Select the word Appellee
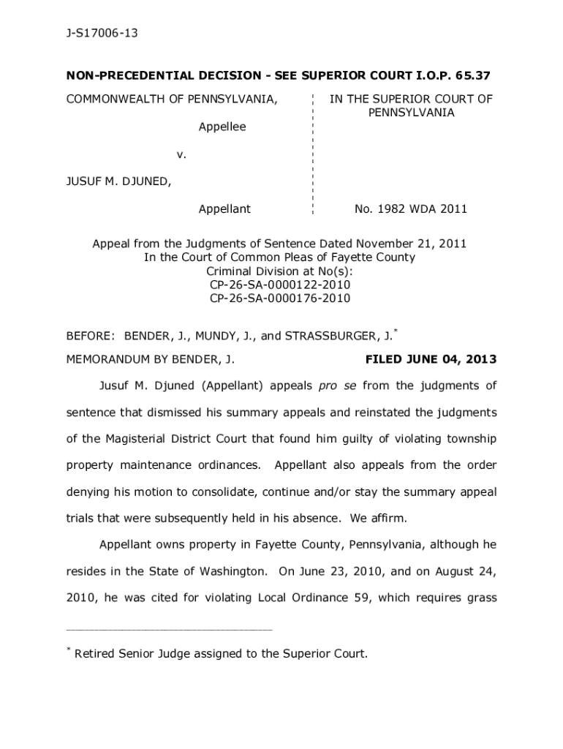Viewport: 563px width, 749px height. [x=222, y=127]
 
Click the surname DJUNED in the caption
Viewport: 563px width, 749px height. [x=144, y=181]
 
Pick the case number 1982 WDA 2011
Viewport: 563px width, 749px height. [x=411, y=209]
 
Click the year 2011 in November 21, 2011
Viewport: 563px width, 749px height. [x=453, y=244]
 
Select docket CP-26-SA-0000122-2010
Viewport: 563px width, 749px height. [x=280, y=285]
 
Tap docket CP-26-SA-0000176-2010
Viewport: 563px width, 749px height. [x=280, y=298]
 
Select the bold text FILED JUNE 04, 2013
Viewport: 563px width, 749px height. [x=431, y=359]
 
